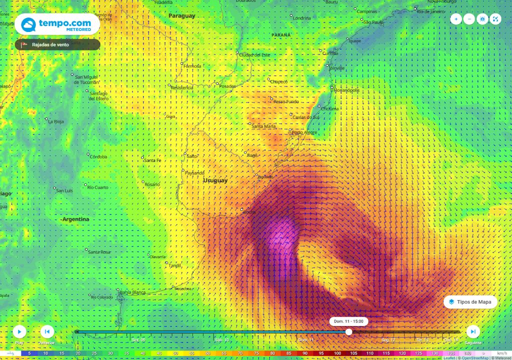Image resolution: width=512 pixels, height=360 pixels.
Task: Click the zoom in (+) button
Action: tap(456, 19)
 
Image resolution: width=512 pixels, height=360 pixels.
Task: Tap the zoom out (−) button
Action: tap(469, 19)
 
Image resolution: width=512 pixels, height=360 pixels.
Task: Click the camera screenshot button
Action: tap(482, 19)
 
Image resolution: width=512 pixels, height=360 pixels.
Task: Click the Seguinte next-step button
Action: tap(472, 331)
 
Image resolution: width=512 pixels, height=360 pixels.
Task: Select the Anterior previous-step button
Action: tap(47, 331)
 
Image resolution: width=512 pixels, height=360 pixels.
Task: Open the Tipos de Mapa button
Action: tap(470, 302)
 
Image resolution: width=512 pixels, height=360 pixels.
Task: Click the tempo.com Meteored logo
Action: tap(57, 24)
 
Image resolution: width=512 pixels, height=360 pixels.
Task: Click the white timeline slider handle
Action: tap(348, 331)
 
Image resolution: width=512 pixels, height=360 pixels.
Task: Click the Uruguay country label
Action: tap(215, 180)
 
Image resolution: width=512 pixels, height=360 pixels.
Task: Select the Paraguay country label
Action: tap(181, 16)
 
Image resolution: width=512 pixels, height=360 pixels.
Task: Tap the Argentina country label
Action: tap(75, 219)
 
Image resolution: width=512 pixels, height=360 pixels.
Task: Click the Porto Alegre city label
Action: tap(305, 132)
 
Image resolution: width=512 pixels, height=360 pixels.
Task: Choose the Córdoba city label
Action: tap(98, 157)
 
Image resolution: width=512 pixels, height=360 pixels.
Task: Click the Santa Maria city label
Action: tap(264, 126)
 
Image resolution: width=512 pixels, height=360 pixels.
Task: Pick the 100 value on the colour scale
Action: tap(337, 353)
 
